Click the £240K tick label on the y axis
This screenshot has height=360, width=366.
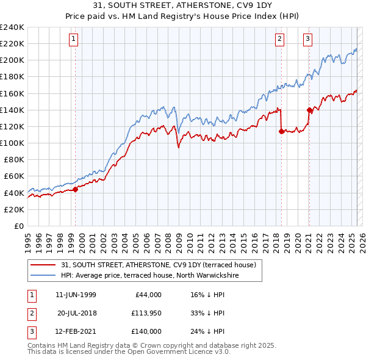click(x=12, y=27)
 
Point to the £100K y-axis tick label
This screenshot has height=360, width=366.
click(x=12, y=143)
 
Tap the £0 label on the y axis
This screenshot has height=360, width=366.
click(x=19, y=226)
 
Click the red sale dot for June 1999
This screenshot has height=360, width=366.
click(x=76, y=189)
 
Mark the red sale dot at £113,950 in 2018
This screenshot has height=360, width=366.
click(x=281, y=131)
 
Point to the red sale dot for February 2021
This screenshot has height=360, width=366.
click(x=309, y=110)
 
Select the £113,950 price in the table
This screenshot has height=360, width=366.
click(x=146, y=313)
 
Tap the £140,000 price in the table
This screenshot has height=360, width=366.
click(x=146, y=331)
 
